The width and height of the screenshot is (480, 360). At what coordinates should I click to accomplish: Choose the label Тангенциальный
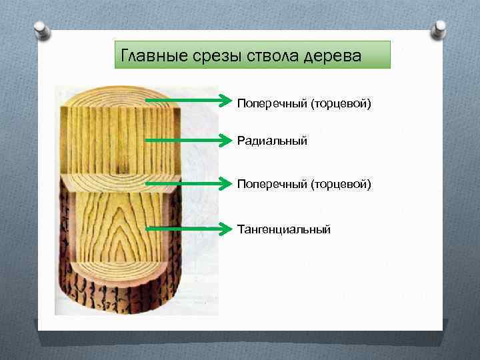[x=284, y=229]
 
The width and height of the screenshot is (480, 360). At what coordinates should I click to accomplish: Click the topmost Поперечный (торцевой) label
[x=303, y=103]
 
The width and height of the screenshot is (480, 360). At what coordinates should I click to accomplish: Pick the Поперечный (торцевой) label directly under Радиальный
[x=303, y=183]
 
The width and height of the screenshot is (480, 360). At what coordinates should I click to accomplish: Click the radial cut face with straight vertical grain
[x=120, y=143]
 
